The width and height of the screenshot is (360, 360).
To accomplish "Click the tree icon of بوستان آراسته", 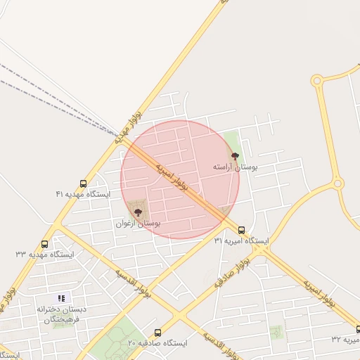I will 235,156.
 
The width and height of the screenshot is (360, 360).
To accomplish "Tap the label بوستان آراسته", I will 236,168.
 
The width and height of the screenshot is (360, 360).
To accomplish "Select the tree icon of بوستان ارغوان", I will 138,210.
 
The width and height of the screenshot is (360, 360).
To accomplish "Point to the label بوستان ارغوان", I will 139,223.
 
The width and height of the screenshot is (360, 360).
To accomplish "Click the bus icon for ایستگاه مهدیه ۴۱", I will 84,184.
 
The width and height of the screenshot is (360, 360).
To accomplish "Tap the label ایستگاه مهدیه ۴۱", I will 83,193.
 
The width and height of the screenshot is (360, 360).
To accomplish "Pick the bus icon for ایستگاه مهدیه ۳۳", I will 45,244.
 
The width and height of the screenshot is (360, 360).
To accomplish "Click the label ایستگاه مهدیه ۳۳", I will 45,254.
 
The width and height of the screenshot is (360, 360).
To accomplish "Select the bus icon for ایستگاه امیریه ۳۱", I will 242,230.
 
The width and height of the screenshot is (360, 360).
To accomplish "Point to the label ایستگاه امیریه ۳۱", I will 242,240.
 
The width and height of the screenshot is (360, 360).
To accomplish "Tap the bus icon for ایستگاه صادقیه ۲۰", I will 157,333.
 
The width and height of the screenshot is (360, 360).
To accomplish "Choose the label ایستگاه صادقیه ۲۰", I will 157,342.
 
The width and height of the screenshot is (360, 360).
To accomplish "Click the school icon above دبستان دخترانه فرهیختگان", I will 61,298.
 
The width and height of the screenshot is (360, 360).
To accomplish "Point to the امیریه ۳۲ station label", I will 346,339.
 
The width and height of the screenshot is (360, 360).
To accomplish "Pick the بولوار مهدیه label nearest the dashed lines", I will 129,127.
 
